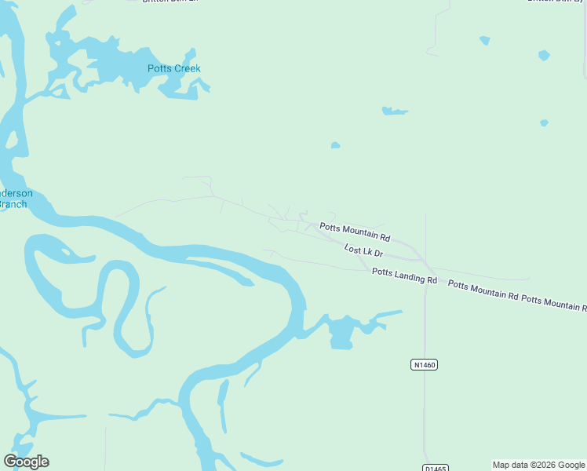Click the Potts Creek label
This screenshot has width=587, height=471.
coord(174,68)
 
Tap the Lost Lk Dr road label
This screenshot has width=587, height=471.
coord(363,251)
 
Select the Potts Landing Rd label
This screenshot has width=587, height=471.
coord(404,276)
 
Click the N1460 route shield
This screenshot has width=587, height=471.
coord(424,364)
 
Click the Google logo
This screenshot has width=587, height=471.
coord(27,462)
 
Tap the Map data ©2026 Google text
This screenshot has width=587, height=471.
coord(538,465)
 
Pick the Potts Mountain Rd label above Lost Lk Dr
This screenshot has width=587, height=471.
coord(355,232)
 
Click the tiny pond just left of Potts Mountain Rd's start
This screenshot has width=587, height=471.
coord(335,145)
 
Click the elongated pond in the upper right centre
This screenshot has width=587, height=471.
coord(394,111)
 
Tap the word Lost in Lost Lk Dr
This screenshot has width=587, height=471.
coord(352,248)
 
